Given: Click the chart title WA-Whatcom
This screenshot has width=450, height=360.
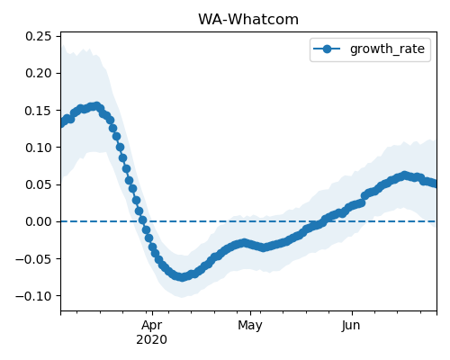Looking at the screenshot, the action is point(248,20).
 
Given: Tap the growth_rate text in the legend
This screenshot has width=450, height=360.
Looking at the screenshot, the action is point(387,49).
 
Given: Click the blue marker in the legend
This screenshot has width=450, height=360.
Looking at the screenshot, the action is point(327,49).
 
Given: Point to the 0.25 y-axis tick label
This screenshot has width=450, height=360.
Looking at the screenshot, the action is point(39,36).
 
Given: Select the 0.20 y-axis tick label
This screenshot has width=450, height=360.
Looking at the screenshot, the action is point(39,73).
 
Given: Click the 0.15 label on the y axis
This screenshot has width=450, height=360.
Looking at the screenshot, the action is point(39,111).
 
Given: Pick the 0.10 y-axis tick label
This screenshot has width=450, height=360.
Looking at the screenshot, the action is point(39,148).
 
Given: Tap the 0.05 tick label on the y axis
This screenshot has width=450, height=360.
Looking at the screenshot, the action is point(39,184).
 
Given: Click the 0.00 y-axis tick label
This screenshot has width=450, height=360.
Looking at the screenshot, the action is point(39,221).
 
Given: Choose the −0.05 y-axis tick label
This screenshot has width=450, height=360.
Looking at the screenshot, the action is point(33,259).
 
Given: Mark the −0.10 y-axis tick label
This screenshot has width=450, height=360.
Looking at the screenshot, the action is point(33,296).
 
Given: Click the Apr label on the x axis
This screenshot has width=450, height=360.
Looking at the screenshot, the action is point(152,326).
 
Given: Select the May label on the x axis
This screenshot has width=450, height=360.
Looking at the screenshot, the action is point(250,326).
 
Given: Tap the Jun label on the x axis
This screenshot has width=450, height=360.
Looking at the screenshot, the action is point(350,326).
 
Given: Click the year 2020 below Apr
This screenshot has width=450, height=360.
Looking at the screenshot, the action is point(152,340).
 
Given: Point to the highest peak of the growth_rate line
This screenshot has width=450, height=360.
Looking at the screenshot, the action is point(96,106).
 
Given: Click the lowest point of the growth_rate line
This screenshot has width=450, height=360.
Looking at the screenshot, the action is point(182,277).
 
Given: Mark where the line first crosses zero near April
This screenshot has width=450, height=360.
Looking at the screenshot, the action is point(143,221).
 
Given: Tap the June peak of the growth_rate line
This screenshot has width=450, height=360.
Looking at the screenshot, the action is point(405,175).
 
